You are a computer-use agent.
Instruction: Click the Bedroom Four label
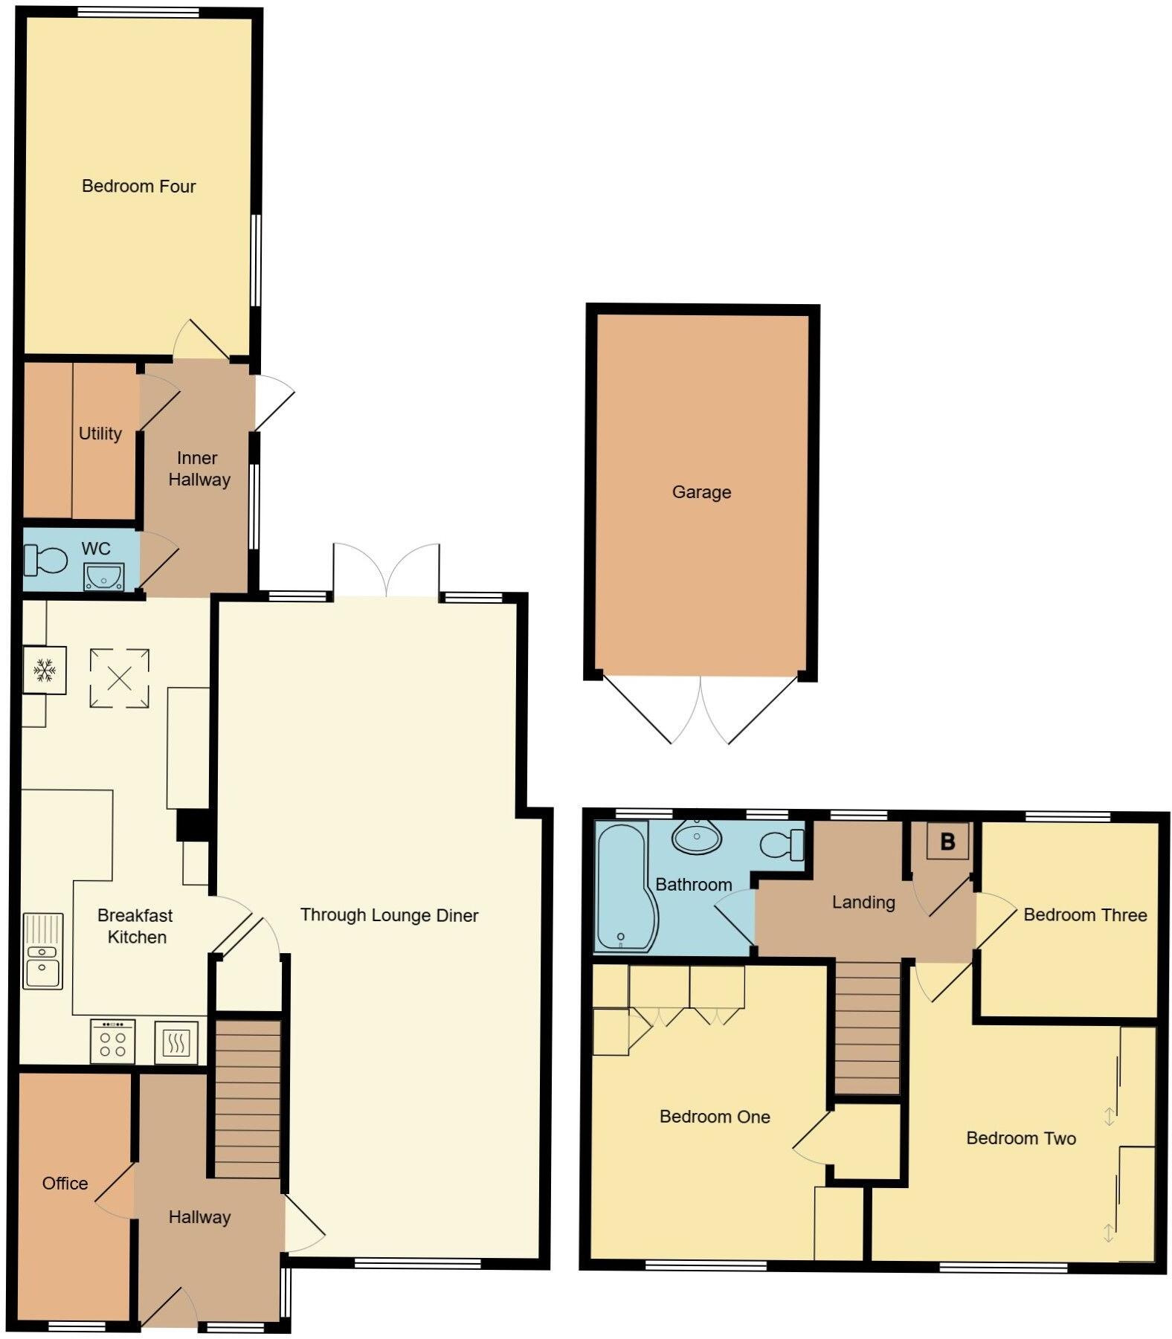[x=138, y=186]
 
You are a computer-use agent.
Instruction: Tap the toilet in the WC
[x=45, y=560]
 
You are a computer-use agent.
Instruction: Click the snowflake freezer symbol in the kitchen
[x=45, y=671]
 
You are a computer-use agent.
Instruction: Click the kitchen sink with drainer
[x=42, y=951]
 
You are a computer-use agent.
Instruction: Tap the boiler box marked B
[x=947, y=842]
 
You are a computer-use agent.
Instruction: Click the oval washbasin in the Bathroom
[x=697, y=837]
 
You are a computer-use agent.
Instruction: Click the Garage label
[x=701, y=492]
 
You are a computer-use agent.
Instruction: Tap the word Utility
[x=100, y=433]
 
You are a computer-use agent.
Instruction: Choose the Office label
[x=65, y=1184]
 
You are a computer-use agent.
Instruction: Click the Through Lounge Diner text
[x=389, y=915]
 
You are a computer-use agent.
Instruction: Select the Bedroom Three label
[x=1085, y=915]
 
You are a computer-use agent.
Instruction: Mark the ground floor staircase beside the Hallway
[x=247, y=1100]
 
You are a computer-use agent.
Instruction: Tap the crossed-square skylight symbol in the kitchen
[x=120, y=678]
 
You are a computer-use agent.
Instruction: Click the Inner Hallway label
[x=198, y=469]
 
